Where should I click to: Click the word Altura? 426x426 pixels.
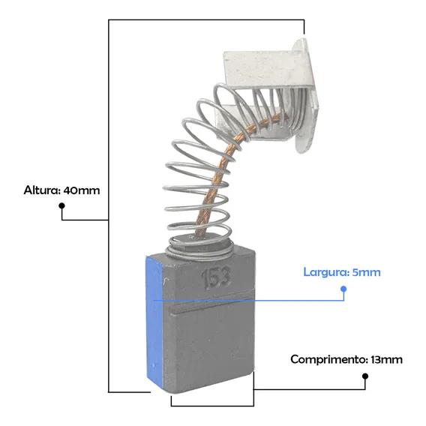click(x=42, y=190)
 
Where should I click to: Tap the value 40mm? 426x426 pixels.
click(x=82, y=190)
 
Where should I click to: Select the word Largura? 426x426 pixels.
click(x=325, y=272)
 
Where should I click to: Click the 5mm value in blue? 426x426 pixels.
click(x=366, y=272)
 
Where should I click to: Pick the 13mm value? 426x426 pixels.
click(x=386, y=360)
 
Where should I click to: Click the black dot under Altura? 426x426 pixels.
click(x=62, y=205)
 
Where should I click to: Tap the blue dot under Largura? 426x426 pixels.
click(x=343, y=289)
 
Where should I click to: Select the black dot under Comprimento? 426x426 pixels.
click(x=365, y=376)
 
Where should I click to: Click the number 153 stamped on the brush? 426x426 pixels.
click(x=216, y=277)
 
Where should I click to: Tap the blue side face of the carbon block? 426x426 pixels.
click(x=154, y=320)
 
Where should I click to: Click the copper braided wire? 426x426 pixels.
click(x=217, y=176)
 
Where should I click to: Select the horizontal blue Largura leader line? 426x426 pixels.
click(x=248, y=301)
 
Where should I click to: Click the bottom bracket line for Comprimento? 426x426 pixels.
click(x=212, y=406)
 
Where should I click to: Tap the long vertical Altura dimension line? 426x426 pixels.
click(x=109, y=206)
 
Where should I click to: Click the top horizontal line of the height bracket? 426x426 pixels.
click(x=206, y=19)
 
